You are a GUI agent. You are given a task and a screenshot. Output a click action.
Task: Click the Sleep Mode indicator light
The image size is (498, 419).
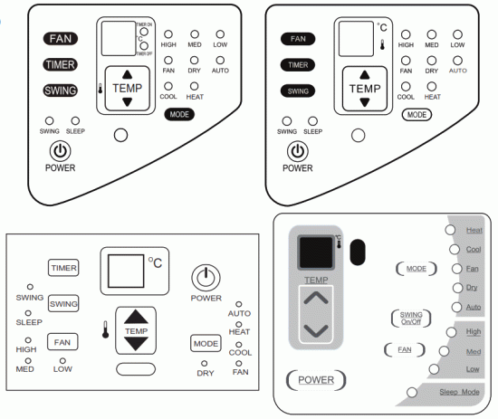point(413,392)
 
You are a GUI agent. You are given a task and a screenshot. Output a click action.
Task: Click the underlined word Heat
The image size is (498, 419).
point(474,231)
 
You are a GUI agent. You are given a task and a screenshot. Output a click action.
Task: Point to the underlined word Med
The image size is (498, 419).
point(473,351)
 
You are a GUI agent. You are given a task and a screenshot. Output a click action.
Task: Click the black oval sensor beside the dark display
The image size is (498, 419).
point(356,251)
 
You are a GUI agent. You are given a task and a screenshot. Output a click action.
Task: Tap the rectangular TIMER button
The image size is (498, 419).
point(63,268)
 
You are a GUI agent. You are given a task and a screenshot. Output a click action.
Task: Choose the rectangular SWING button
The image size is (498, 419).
point(63,304)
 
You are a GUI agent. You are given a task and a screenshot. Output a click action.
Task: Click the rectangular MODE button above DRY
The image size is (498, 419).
point(206,344)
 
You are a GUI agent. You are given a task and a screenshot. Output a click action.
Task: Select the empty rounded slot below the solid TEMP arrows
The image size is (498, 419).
point(136,369)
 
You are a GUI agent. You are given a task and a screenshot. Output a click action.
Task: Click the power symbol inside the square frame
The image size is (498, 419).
point(206,276)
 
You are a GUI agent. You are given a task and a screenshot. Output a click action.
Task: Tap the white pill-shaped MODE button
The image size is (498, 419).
point(417,115)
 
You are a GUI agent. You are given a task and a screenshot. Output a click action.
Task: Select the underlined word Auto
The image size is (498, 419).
point(474,308)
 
